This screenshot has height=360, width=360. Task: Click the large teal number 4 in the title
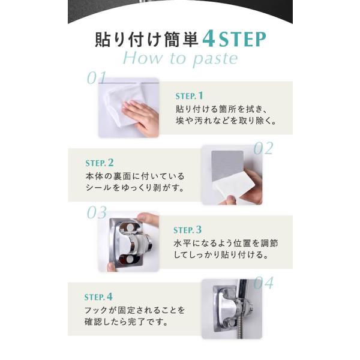pyautogui.click(x=209, y=39)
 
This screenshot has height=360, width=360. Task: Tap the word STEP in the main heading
pyautogui.click(x=242, y=40)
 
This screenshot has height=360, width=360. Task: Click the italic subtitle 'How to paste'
pyautogui.click(x=181, y=59)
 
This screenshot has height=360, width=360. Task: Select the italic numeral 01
pyautogui.click(x=97, y=78)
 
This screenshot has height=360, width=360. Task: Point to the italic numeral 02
pyautogui.click(x=263, y=148)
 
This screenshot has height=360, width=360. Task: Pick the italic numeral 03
pyautogui.click(x=97, y=212)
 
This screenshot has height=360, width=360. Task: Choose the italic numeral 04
pyautogui.click(x=263, y=283)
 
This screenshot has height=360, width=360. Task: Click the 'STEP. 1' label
pyautogui.click(x=190, y=96)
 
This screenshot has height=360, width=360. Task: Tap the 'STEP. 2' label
pyautogui.click(x=100, y=163)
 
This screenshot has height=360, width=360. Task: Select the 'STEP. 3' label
pyautogui.click(x=188, y=230)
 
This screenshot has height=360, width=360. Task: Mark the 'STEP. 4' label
pyautogui.click(x=98, y=297)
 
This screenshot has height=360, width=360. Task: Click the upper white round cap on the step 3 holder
pyautogui.click(x=130, y=228)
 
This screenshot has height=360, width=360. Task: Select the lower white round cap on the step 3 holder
pyautogui.click(x=130, y=259)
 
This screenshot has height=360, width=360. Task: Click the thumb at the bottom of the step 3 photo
pyautogui.click(x=112, y=267)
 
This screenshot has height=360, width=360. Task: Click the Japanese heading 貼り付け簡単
pyautogui.click(x=147, y=40)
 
